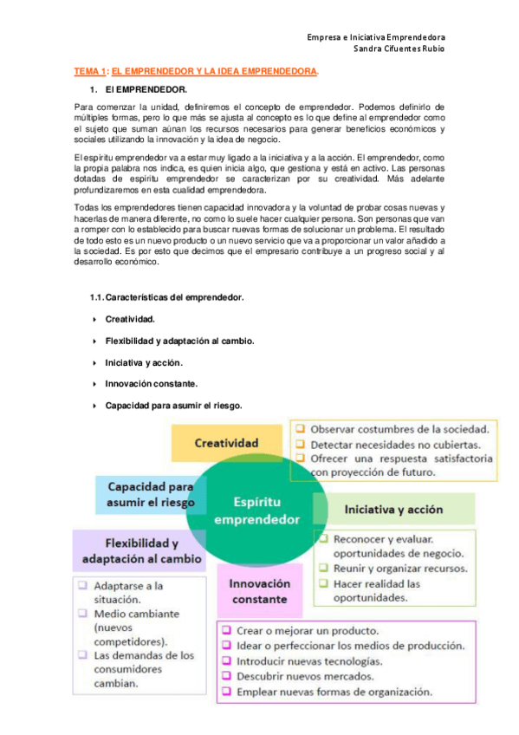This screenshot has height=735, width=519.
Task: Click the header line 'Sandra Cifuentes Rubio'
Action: (x=399, y=49)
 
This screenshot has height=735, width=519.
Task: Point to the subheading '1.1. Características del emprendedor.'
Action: (x=166, y=297)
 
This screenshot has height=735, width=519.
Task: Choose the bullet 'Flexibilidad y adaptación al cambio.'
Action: (x=179, y=341)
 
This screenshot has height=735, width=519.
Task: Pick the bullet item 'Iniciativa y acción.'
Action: (x=144, y=362)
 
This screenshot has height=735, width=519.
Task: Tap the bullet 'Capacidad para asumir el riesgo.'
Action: (x=173, y=405)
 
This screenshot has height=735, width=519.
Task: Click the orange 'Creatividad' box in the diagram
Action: (x=226, y=443)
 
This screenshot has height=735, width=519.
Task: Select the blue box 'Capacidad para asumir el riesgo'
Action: (x=150, y=494)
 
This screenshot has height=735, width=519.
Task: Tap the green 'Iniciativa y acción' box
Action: (x=395, y=509)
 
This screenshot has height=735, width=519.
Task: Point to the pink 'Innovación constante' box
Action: (x=259, y=591)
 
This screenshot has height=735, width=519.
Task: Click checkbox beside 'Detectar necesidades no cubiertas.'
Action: (x=299, y=443)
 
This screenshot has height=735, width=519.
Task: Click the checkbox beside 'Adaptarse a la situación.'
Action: (x=81, y=585)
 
